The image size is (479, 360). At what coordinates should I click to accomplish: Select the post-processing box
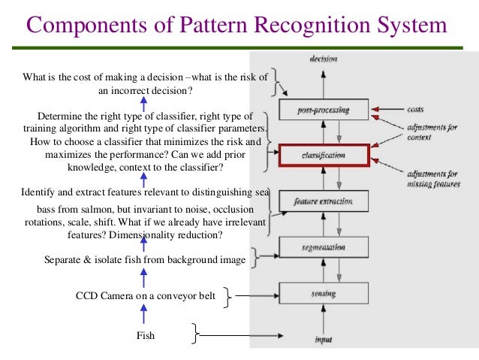point(324,110)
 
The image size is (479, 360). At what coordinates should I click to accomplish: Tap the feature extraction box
point(324,201)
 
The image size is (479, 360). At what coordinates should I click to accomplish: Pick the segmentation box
point(324,247)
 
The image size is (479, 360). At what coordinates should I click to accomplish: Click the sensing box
point(324,292)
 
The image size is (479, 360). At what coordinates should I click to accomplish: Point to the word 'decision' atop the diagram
point(324,59)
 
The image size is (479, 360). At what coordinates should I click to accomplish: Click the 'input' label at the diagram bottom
point(323,340)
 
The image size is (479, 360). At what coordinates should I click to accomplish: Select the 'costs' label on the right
point(416,110)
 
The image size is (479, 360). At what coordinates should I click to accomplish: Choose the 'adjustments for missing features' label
point(433,179)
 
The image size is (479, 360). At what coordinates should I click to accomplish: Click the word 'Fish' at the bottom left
point(145,336)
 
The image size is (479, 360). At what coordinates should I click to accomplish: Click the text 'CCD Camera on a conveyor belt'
point(145,298)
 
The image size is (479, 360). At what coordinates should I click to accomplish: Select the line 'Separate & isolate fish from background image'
point(145,260)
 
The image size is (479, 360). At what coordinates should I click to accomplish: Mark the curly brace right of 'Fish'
point(196,334)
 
